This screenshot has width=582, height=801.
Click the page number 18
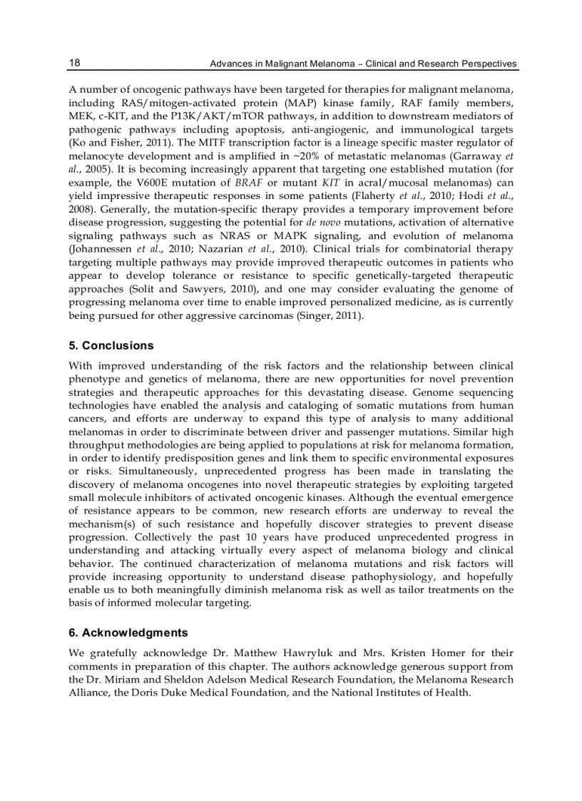74,63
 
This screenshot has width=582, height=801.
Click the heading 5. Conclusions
111,346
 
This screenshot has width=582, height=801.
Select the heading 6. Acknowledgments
128,633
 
